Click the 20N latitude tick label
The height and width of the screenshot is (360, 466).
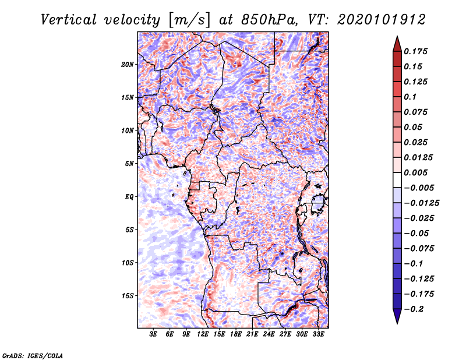pyautogui.click(x=128, y=65)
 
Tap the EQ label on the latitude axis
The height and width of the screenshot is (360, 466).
pyautogui.click(x=129, y=197)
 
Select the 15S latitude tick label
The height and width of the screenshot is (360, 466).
pyautogui.click(x=128, y=296)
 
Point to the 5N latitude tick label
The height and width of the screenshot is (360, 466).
pyautogui.click(x=129, y=164)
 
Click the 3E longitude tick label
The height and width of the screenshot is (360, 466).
pyautogui.click(x=153, y=334)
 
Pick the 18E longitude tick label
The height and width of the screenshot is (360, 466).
pyautogui.click(x=235, y=334)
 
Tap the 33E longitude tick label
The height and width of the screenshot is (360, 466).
pyautogui.click(x=318, y=334)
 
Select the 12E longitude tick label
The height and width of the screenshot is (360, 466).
pyautogui.click(x=202, y=334)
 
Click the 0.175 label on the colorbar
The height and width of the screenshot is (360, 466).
pyautogui.click(x=415, y=51)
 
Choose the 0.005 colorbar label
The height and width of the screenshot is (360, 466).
pyautogui.click(x=415, y=172)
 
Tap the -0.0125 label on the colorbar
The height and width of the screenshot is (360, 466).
pyautogui.click(x=421, y=203)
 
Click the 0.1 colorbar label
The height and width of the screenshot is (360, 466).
pyautogui.click(x=410, y=97)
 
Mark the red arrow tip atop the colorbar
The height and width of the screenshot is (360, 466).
pyautogui.click(x=397, y=36)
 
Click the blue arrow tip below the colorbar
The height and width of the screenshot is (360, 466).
pyautogui.click(x=397, y=323)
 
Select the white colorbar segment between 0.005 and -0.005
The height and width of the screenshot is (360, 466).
pyautogui.click(x=397, y=180)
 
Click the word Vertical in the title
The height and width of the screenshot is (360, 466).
pyautogui.click(x=69, y=20)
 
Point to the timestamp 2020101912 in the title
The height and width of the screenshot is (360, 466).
pyautogui.click(x=382, y=20)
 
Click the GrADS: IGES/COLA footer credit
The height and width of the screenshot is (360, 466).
pyautogui.click(x=33, y=356)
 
